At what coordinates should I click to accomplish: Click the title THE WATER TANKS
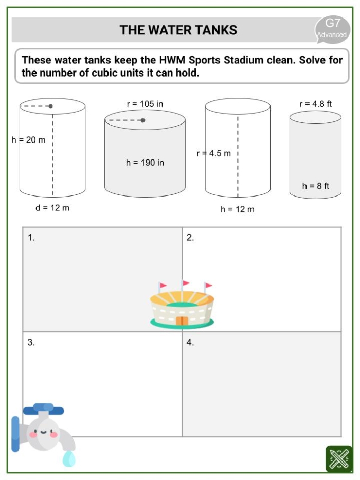[x=178, y=30]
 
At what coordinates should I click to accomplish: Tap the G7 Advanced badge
[x=332, y=28]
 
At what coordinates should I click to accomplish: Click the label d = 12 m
[x=51, y=208]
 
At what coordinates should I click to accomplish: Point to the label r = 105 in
[x=145, y=104]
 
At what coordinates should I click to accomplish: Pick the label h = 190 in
[x=145, y=163]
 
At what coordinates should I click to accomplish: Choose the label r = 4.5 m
[x=213, y=153]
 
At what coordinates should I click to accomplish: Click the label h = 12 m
[x=237, y=209]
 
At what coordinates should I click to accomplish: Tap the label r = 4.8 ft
[x=315, y=104]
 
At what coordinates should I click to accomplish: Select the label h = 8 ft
[x=315, y=186]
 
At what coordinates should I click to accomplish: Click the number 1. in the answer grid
[x=31, y=238]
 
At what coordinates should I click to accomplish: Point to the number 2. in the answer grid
[x=190, y=238]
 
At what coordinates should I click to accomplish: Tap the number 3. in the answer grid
[x=31, y=343]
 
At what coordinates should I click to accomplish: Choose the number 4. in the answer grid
[x=190, y=343]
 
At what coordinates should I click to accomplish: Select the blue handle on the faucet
[x=44, y=410]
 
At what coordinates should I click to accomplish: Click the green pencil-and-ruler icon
[x=339, y=458]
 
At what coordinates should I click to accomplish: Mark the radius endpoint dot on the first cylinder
[x=50, y=106]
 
